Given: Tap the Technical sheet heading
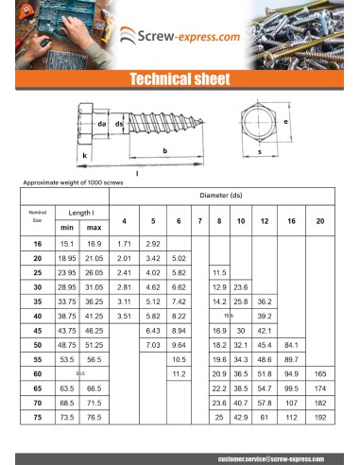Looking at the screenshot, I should [x=180, y=78].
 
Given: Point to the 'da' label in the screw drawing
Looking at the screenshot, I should [x=101, y=123].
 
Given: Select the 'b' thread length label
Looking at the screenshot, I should [x=165, y=150].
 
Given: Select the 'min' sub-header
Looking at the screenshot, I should [x=67, y=228].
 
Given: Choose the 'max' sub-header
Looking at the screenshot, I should [x=94, y=228].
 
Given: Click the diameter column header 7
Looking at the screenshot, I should [x=199, y=221].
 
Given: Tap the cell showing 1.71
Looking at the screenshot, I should [x=124, y=244].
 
